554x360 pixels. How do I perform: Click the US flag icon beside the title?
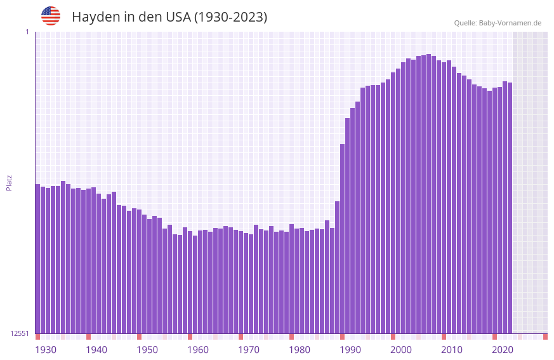coord(51,16)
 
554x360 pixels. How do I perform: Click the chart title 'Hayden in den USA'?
coord(169,17)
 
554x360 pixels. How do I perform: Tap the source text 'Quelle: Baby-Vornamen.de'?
coord(498,23)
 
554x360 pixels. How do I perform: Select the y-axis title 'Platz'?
coord(9,182)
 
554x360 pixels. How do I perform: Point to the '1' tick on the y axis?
coord(27,32)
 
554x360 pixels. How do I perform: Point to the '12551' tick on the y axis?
coord(19,333)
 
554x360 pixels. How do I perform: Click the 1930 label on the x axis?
coord(46,350)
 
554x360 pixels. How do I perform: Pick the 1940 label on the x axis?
coord(96,350)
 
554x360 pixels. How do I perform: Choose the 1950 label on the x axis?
coord(147,350)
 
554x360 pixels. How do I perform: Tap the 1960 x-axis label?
coord(198,350)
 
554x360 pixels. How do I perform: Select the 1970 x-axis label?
coord(249,350)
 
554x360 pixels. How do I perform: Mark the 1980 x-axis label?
coord(300,350)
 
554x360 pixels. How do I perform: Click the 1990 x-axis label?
coord(350,350)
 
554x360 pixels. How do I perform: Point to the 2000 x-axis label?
coord(401,350)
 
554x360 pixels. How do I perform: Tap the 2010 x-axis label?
coord(452,350)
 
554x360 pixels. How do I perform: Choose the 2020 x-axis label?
coord(503,350)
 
